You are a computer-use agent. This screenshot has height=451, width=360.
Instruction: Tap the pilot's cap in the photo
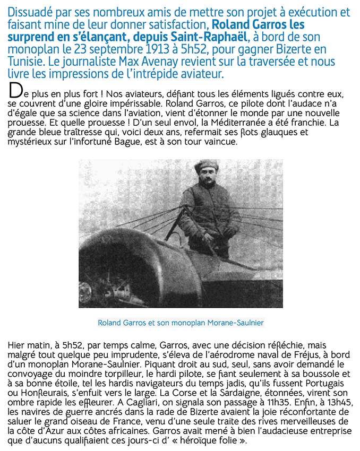coord(207,166)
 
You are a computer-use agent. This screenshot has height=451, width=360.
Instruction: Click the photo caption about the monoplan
coord(181,323)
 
